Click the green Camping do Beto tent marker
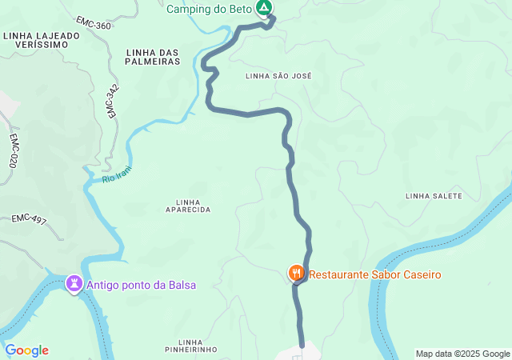264,9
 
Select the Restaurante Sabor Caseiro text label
375,274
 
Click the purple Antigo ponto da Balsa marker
74,284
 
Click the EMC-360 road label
94,24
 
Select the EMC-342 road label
112,102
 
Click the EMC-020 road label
14,150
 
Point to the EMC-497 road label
29,218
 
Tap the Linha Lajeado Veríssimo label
41,41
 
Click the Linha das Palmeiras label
152,57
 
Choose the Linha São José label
278,75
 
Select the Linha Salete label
434,196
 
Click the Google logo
26,350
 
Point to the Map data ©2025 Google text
462,354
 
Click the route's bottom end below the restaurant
302,345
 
